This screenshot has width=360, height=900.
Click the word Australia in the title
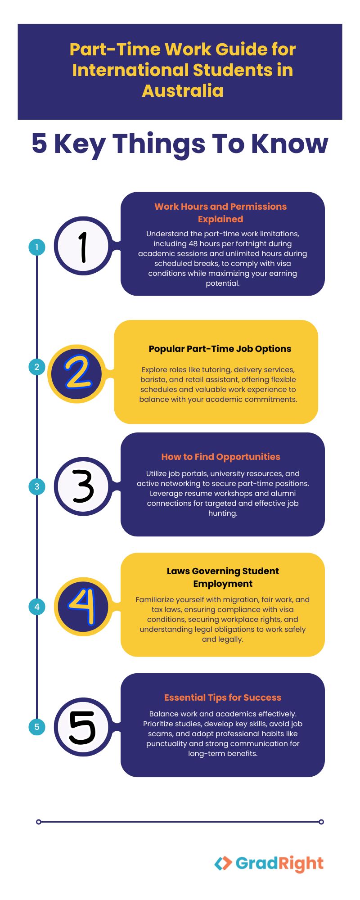[183, 91]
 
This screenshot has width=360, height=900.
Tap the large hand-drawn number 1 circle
[83, 246]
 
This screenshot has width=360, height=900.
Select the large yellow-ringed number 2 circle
[77, 374]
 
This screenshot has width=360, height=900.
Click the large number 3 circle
[83, 486]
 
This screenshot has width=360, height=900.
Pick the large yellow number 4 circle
[83, 607]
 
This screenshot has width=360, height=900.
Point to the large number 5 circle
[83, 727]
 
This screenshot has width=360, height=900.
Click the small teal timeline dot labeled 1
[37, 247]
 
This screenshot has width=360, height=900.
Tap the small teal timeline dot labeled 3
[37, 486]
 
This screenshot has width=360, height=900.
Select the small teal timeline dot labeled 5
[37, 727]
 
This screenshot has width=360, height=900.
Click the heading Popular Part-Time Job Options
[220, 349]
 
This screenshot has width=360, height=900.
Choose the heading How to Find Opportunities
[220, 457]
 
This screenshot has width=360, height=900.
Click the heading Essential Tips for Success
[223, 697]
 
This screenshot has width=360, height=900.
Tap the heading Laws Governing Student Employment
[223, 577]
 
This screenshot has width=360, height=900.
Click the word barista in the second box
[153, 379]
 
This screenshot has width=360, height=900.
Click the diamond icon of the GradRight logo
[223, 863]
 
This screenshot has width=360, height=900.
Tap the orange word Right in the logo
[301, 864]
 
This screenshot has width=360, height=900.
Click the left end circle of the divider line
[39, 822]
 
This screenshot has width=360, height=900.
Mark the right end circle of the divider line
[321, 822]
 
